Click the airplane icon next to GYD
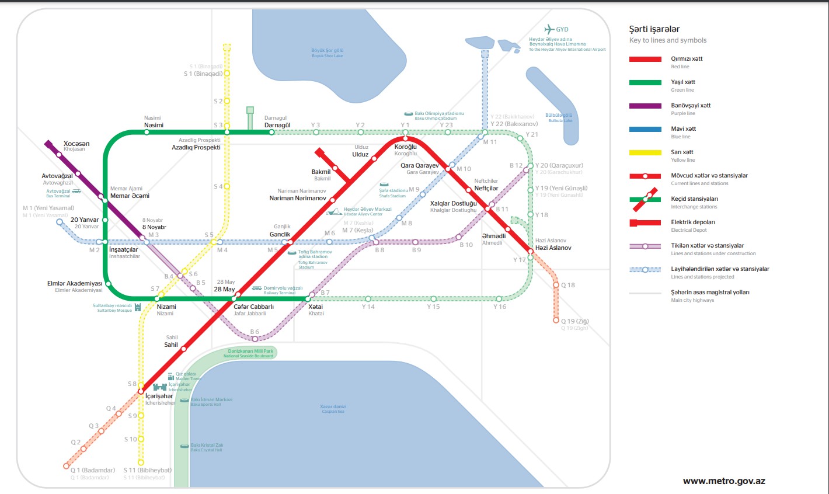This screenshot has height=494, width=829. (549, 29)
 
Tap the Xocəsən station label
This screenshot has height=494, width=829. (76, 144)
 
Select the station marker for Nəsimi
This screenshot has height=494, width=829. (147, 132)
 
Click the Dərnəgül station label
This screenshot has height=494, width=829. (277, 125)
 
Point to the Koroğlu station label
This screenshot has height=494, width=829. (406, 147)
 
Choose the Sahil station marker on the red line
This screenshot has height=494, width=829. (183, 349)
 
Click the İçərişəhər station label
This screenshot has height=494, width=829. (159, 396)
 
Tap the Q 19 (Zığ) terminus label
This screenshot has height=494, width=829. (575, 321)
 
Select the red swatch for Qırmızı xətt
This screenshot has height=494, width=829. (645, 59)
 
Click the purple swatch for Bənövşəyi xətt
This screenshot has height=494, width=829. (645, 106)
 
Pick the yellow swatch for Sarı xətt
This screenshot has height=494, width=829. (645, 152)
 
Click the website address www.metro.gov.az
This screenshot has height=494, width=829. (724, 481)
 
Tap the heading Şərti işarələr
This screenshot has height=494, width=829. (654, 29)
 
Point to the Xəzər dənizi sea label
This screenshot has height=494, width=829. (333, 406)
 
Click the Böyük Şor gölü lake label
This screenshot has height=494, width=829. (327, 51)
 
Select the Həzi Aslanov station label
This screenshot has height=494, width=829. (553, 248)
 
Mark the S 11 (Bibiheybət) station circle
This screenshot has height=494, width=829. (141, 462)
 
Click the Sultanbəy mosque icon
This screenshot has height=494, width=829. (138, 307)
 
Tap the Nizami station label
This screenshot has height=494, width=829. (166, 307)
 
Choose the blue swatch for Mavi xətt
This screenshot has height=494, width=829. (645, 129)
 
